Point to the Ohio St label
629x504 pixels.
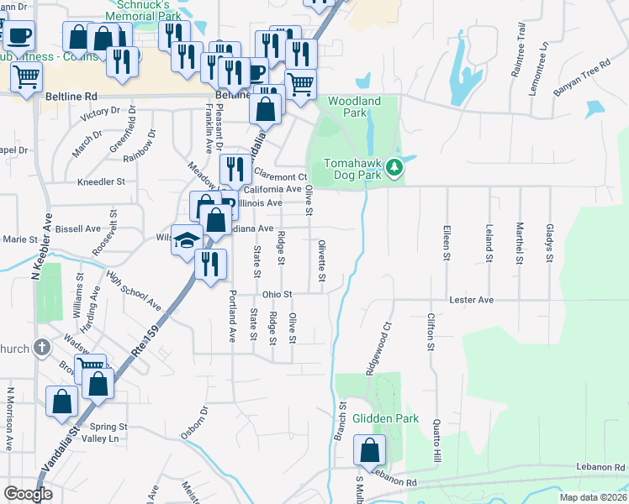click(276, 294)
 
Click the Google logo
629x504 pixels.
click(28, 494)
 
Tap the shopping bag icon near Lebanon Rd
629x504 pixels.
click(369, 451)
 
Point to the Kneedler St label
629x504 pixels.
click(101, 181)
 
